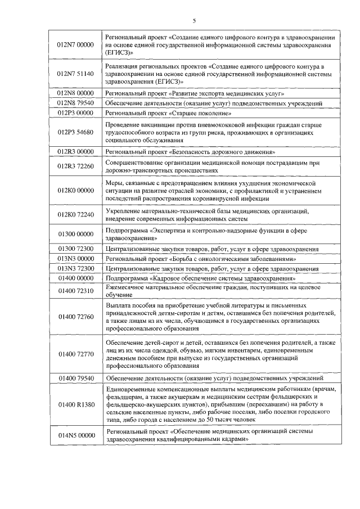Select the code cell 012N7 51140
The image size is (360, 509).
pyautogui.click(x=76, y=74)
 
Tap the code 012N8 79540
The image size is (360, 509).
pyautogui.click(x=76, y=103)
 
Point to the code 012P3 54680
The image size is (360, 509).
pyautogui.click(x=76, y=132)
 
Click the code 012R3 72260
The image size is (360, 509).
pyautogui.click(x=76, y=166)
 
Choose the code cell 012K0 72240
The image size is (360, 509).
pyautogui.click(x=76, y=215)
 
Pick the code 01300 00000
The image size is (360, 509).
pyautogui.click(x=76, y=235)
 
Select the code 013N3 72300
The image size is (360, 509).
pyautogui.click(x=76, y=268)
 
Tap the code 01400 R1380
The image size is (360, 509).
pyautogui.click(x=76, y=404)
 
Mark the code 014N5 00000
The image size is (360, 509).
pyautogui.click(x=76, y=435)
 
